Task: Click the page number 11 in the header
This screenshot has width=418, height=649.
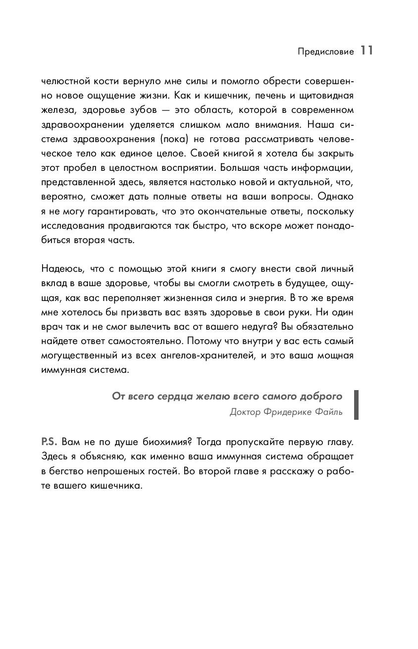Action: [366, 50]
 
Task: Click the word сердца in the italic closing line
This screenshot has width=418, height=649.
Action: [171, 396]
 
